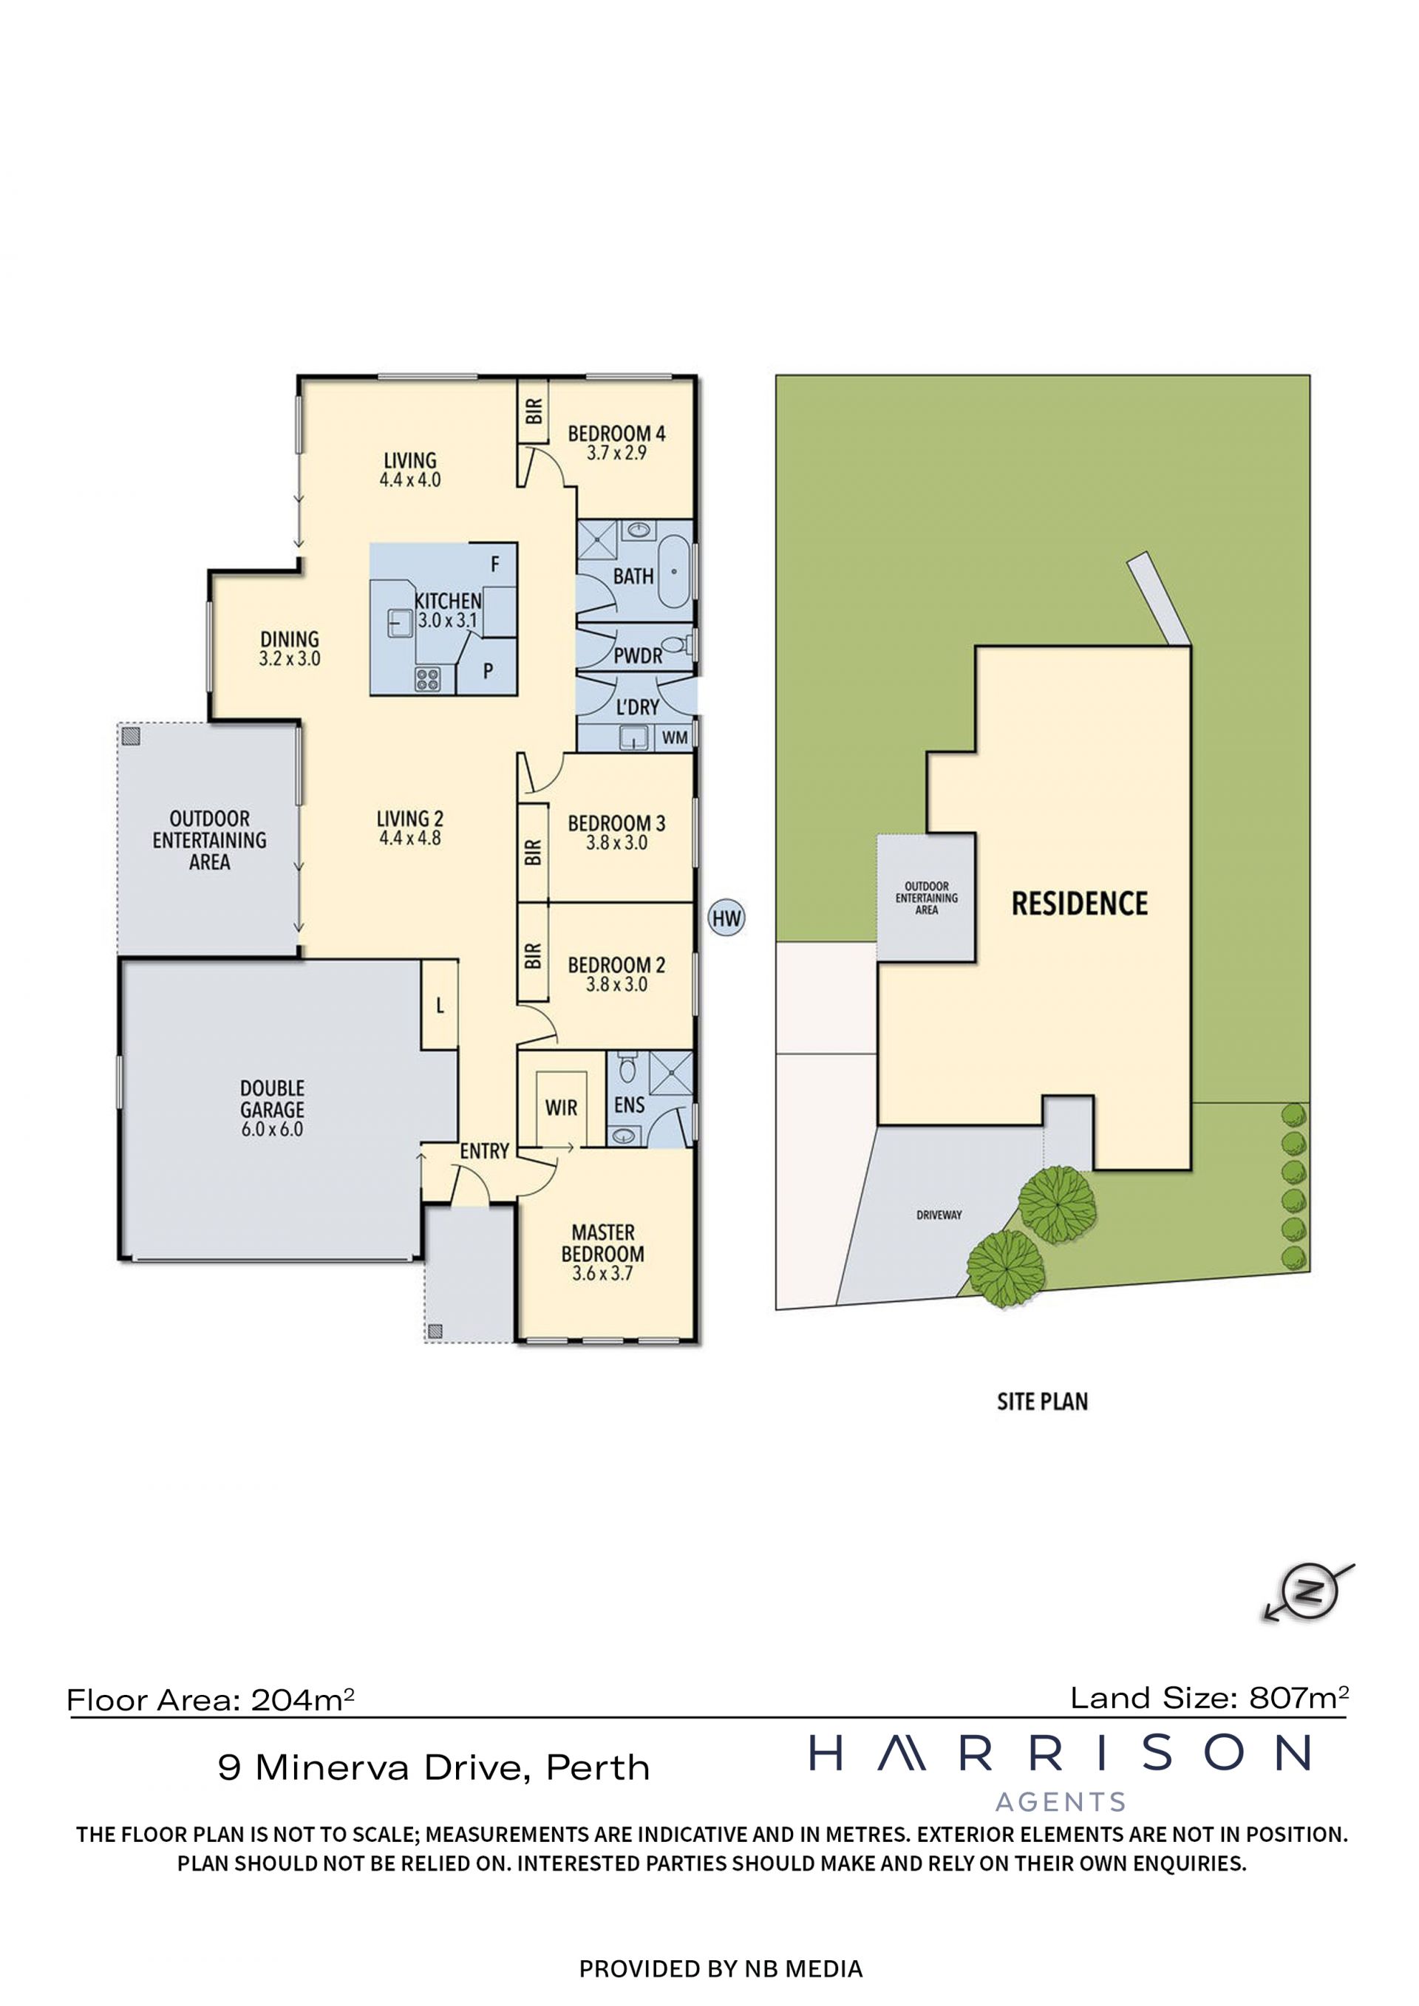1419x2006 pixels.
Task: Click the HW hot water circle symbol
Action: pos(726,918)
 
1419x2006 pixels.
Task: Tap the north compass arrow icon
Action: pos(1308,1591)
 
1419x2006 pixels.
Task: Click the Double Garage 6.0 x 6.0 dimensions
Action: pos(272,1130)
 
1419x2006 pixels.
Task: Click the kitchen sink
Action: pos(400,622)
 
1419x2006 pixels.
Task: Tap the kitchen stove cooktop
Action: pos(427,679)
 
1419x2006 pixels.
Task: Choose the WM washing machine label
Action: pos(674,738)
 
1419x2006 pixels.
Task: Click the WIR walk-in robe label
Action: pos(561,1108)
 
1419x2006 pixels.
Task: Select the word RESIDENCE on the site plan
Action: pos(1079,904)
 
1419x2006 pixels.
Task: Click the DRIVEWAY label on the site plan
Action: pos(939,1215)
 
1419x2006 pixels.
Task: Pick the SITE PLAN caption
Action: pos(1042,1402)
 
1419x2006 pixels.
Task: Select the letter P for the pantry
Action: pos(488,671)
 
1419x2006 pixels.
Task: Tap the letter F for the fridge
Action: pos(494,564)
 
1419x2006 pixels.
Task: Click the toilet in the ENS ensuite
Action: pos(627,1068)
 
